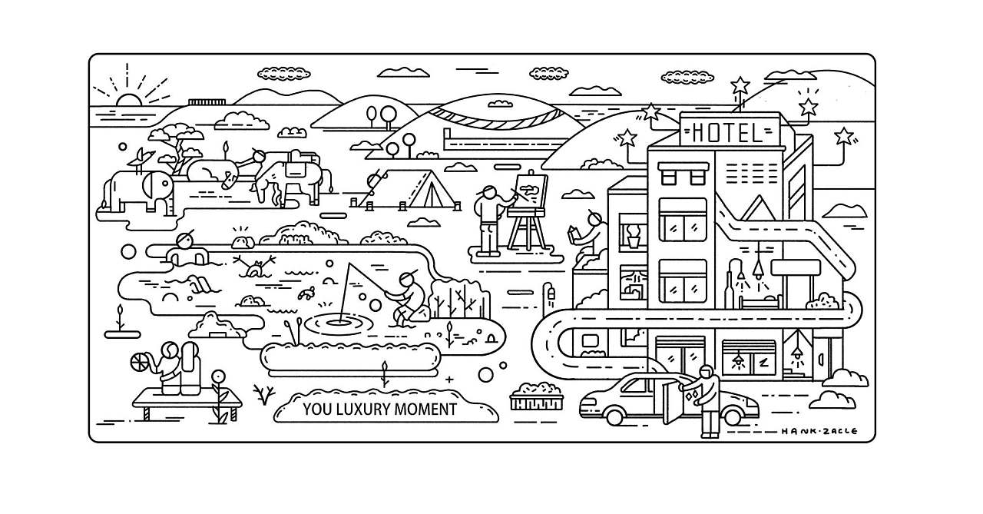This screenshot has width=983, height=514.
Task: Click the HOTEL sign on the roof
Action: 726,132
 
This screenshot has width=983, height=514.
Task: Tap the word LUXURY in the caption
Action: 360,409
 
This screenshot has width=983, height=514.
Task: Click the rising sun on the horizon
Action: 127,101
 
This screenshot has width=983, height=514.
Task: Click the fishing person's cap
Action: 409,276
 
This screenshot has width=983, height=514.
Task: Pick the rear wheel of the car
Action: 614,414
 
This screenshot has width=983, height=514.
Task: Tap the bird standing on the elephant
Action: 139,160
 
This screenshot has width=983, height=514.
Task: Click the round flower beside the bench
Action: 219,376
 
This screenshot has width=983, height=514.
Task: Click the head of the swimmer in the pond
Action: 184,240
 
